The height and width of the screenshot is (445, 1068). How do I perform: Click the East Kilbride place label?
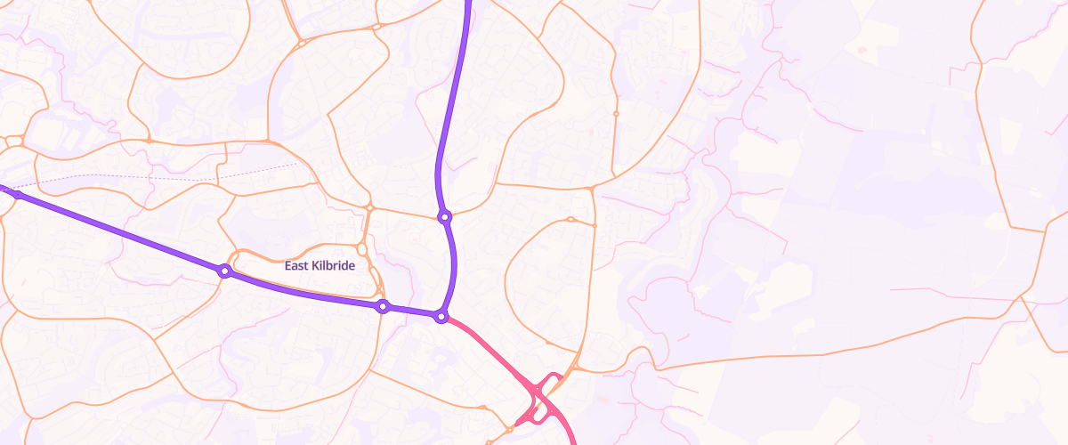(x=320, y=266)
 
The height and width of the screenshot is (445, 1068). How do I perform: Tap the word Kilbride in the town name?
(x=333, y=266)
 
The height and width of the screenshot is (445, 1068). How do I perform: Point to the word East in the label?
(x=296, y=266)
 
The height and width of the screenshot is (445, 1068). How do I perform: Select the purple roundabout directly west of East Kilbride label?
(x=225, y=271)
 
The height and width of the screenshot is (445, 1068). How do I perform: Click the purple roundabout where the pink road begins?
(x=441, y=317)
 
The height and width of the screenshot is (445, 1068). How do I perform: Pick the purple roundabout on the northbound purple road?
(x=444, y=216)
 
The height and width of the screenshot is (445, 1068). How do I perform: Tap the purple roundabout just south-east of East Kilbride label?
(x=383, y=307)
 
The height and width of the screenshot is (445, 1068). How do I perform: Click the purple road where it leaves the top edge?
(x=466, y=4)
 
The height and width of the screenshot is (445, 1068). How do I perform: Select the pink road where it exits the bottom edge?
(x=572, y=441)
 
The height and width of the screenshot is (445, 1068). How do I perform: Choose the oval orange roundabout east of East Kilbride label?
(x=362, y=248)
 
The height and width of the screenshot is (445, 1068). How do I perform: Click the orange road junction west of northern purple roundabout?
(x=368, y=208)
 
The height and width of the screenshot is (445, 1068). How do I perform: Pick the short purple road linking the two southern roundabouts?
(x=411, y=311)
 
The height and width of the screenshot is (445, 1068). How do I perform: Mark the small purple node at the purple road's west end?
(x=16, y=193)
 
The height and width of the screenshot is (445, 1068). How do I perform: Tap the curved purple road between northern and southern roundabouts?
(x=455, y=267)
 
